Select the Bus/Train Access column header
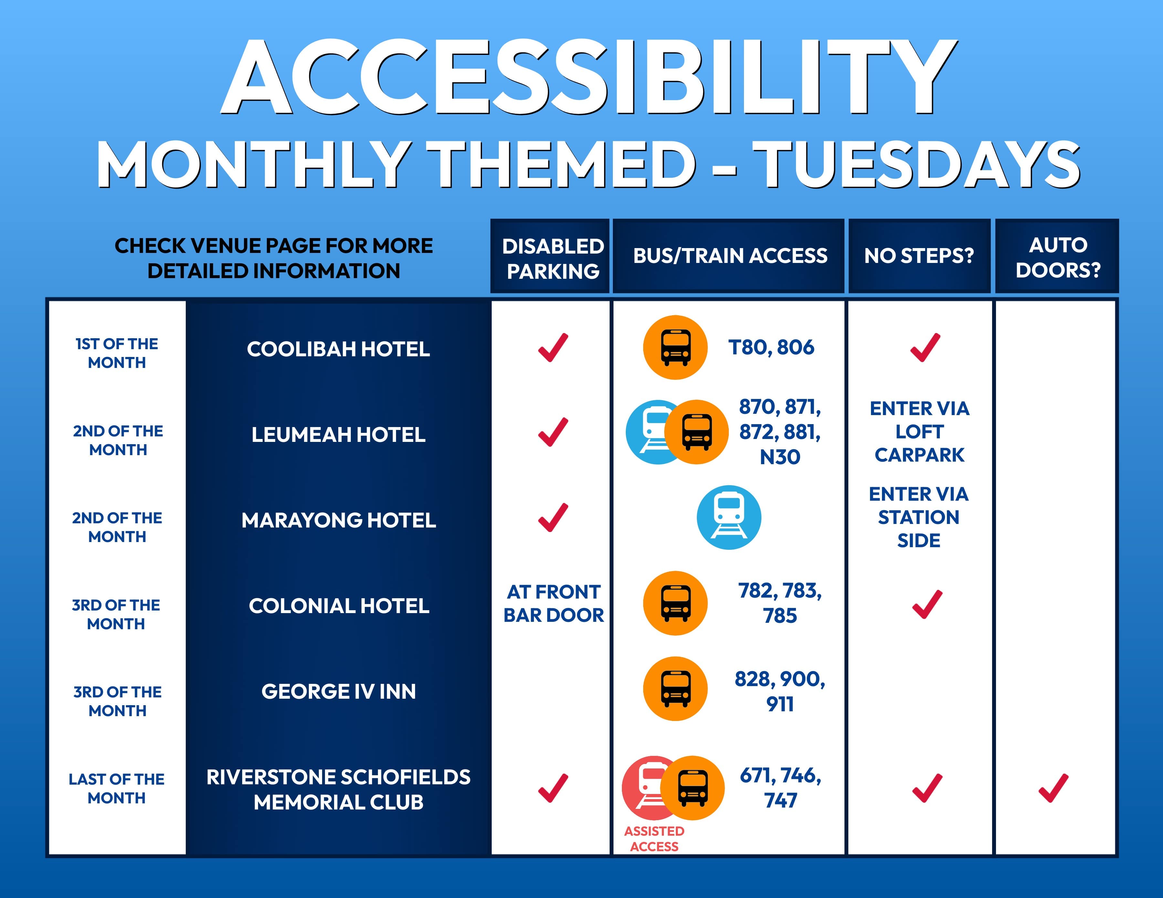click(x=730, y=256)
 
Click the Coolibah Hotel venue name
click(x=338, y=349)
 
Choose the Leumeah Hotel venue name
click(x=338, y=435)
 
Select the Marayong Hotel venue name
click(x=339, y=520)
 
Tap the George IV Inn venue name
click(x=339, y=692)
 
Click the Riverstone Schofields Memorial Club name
click(x=339, y=789)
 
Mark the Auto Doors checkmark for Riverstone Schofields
click(x=1053, y=788)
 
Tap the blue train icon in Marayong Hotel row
click(x=729, y=517)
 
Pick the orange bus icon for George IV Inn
click(x=675, y=689)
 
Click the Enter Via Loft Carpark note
click(x=920, y=432)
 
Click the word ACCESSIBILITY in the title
click(x=589, y=77)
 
